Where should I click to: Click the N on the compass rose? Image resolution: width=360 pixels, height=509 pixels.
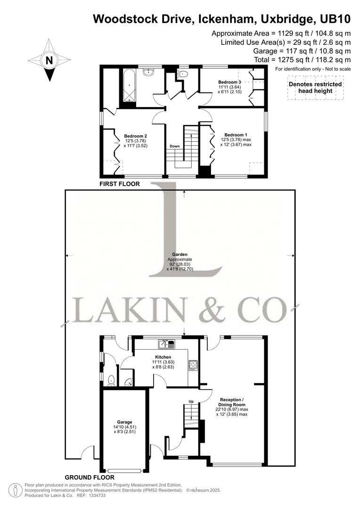coord(49,60)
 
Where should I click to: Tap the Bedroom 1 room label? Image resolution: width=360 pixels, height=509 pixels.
coord(236,134)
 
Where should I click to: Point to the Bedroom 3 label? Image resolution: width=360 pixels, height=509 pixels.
coord(229,82)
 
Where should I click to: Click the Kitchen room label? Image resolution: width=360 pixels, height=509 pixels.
coord(163,357)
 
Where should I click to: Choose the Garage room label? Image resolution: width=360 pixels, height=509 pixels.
coord(124,422)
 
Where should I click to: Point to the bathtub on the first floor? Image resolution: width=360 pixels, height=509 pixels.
coord(129,87)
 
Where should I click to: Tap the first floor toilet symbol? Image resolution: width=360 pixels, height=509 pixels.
coord(183,75)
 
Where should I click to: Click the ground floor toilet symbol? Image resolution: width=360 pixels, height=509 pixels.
coord(111,380)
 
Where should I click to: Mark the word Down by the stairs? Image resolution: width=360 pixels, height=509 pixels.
coord(174,146)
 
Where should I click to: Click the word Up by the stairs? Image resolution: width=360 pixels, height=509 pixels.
coord(191,401)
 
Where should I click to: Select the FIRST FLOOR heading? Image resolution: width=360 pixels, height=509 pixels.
coord(119,184)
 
